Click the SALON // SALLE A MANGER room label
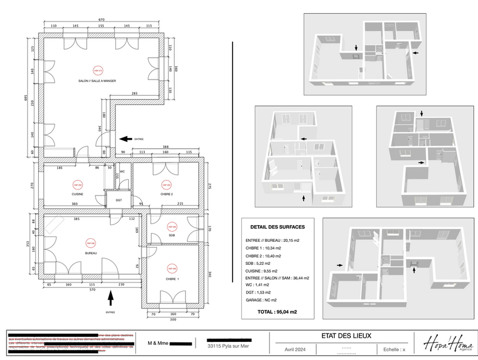click(97, 81)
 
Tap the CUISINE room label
click(77, 194)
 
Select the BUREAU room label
click(91, 253)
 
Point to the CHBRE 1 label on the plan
click(173, 279)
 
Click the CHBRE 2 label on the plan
click(165, 194)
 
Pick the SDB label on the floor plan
click(172, 235)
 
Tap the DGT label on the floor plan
click(119, 200)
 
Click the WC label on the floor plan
click(122, 172)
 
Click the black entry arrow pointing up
click(110, 296)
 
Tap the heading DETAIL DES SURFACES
click(277, 227)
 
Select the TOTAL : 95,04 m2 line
click(277, 311)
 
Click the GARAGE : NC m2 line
click(261, 300)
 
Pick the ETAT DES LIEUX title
click(346, 336)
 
